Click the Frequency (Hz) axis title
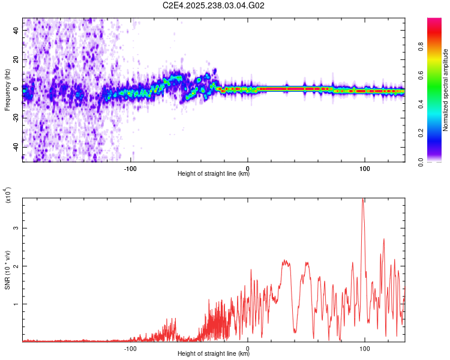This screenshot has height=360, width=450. [x=7, y=89]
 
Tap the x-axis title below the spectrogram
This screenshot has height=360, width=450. [x=214, y=174]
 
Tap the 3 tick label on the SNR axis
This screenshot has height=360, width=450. [x=17, y=228]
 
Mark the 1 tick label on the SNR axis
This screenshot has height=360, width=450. [x=17, y=304]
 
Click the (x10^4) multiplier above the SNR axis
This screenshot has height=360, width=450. [x=7, y=196]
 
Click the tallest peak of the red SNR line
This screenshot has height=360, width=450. [x=362, y=199]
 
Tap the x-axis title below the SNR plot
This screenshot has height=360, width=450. [x=214, y=354]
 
